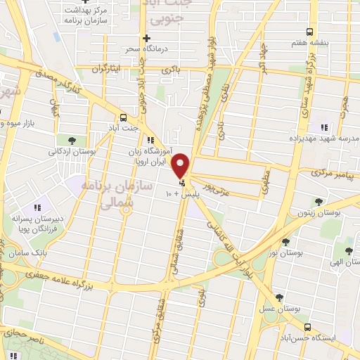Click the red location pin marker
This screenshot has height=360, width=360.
click(x=181, y=166)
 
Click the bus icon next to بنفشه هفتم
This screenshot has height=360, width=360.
click(x=310, y=32)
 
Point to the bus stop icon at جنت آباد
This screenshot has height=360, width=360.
click(x=124, y=117)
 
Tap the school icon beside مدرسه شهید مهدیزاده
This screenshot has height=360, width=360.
click(x=324, y=127)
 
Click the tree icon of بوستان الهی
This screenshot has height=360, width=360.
click(x=349, y=250)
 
